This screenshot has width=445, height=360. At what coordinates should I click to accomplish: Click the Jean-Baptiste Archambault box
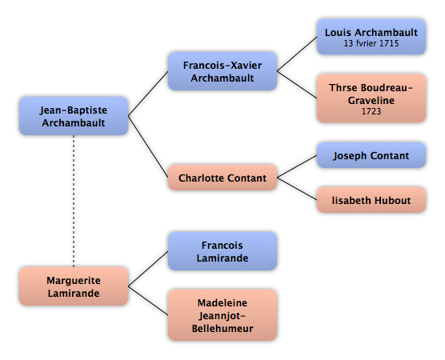pos(74,116)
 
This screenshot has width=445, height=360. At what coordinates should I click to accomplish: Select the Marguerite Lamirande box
pos(74,286)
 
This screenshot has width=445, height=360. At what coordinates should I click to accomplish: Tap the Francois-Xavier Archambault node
pos(222,71)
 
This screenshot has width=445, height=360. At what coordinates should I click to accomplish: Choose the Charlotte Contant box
pos(222,178)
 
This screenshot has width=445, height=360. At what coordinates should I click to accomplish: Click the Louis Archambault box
pos(371,37)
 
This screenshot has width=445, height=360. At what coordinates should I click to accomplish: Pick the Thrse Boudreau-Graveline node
pos(371,98)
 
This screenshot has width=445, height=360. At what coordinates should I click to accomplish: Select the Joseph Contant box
pos(371,155)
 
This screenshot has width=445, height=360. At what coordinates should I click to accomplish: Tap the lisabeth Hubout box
pos(371,200)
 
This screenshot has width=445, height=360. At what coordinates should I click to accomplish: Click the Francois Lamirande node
pos(222,251)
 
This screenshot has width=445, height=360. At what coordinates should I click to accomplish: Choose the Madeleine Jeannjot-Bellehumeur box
pos(222,315)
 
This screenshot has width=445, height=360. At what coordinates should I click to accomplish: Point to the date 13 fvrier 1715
pos(371,43)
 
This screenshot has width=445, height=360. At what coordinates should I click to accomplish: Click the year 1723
pos(371,111)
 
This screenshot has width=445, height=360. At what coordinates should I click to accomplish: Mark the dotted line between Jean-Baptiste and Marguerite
pos(74,201)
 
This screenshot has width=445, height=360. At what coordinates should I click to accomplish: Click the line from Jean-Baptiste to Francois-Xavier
pos(148,94)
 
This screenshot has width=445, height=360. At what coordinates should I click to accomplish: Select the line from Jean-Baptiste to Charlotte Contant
pos(148,146)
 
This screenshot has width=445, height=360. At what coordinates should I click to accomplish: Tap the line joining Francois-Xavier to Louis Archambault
pos(297,54)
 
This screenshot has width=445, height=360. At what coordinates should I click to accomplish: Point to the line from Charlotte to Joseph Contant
pos(297,166)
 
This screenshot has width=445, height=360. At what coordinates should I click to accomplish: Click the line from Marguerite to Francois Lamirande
pos(148,268)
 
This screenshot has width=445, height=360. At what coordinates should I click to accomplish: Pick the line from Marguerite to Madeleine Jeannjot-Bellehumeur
pos(148,301)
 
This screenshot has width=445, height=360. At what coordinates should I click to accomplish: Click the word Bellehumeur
pos(222,328)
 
